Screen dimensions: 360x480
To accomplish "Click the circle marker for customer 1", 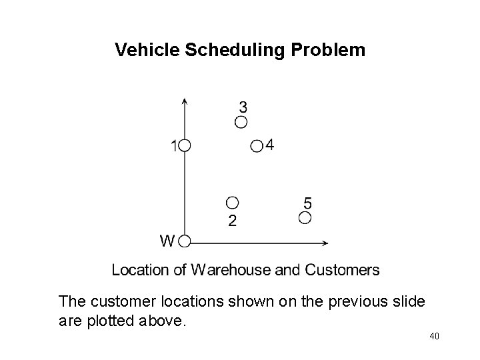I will (185, 145).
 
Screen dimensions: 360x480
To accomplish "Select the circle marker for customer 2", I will (232, 203).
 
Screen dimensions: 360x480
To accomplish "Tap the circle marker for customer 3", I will (241, 122).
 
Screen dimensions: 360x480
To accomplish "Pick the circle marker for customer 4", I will (257, 146).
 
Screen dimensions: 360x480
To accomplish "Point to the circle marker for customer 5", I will (305, 217).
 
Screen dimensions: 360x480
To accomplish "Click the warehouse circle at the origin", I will (185, 241).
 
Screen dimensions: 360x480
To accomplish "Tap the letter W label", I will (167, 240).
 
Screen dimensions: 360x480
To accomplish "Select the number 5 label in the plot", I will (308, 202).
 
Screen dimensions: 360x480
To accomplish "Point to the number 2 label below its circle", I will (231, 221).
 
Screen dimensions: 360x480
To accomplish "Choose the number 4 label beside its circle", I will (269, 145).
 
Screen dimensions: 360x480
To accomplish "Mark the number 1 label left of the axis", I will (174, 145).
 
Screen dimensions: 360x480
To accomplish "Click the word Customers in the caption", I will (342, 270).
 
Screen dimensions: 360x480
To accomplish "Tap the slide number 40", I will (434, 337).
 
